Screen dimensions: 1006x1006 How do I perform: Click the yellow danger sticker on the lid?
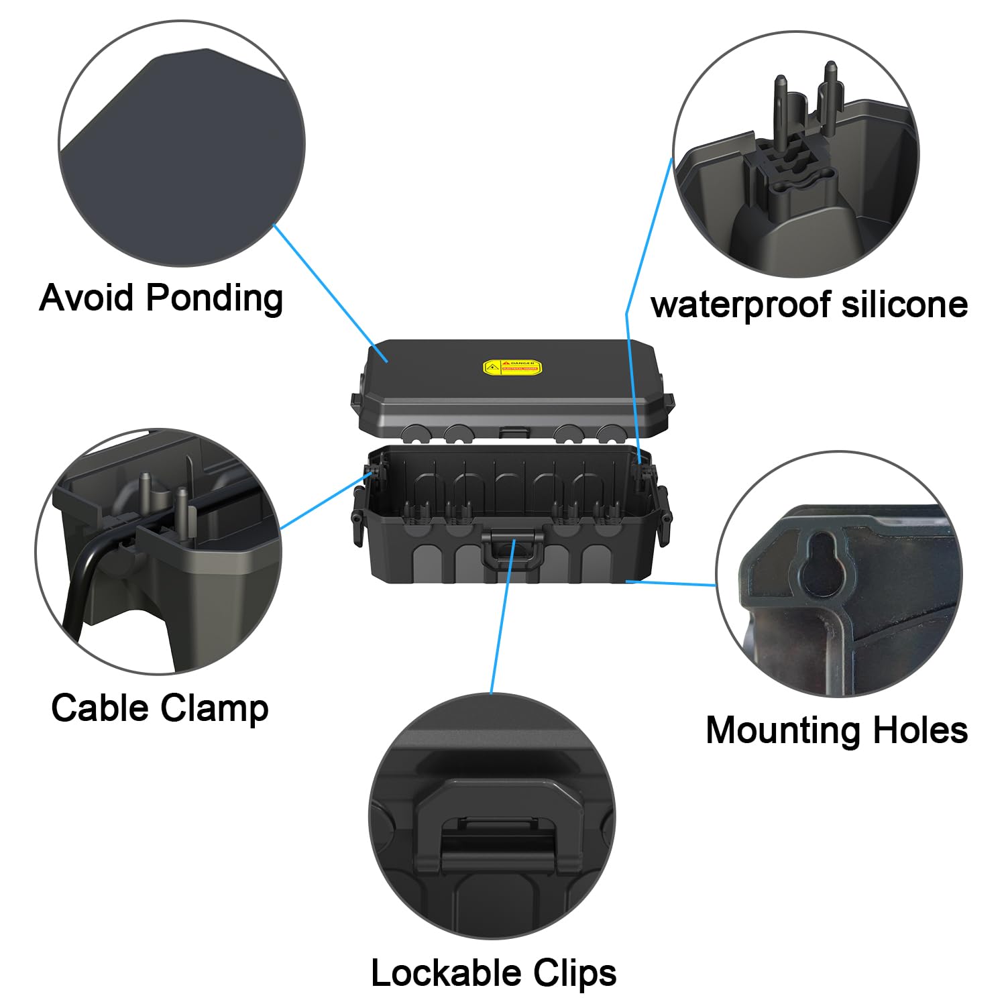[x=512, y=367]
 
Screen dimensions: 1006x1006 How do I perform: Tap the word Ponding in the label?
[x=214, y=297]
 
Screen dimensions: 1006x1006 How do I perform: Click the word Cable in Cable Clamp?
[x=99, y=708]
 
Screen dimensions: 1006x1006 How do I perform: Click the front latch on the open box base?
[x=513, y=550]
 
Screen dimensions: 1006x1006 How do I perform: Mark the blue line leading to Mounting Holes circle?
[x=671, y=583]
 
